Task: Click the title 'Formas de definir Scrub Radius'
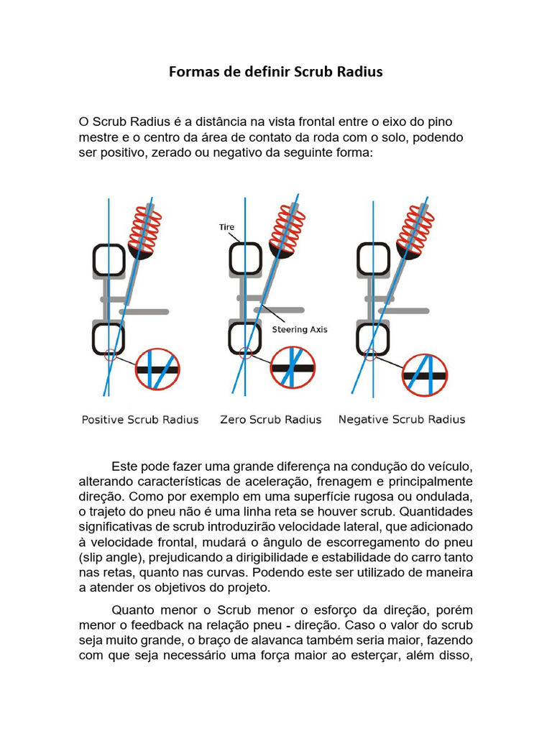click(276, 72)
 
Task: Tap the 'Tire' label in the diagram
click(226, 227)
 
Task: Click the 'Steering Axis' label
click(300, 329)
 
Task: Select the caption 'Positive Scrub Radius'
click(140, 420)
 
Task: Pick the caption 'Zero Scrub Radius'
click(270, 420)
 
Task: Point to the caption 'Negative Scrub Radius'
click(402, 420)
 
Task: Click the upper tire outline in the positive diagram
click(109, 260)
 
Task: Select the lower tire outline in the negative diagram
click(374, 338)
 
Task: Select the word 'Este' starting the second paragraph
click(125, 466)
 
